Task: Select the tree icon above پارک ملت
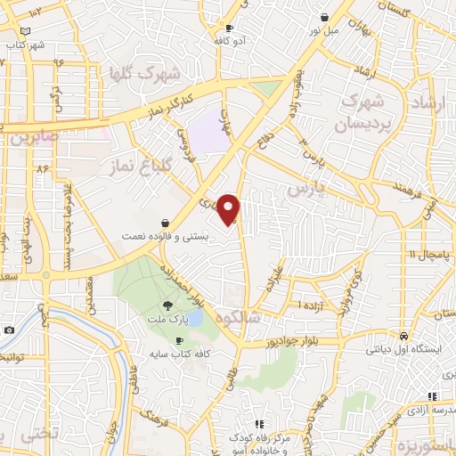click(168, 306)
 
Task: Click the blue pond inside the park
click(195, 317)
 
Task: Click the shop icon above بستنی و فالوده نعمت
click(167, 223)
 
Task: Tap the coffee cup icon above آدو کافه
click(230, 28)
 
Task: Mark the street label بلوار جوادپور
click(292, 340)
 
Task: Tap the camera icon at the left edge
click(8, 330)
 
